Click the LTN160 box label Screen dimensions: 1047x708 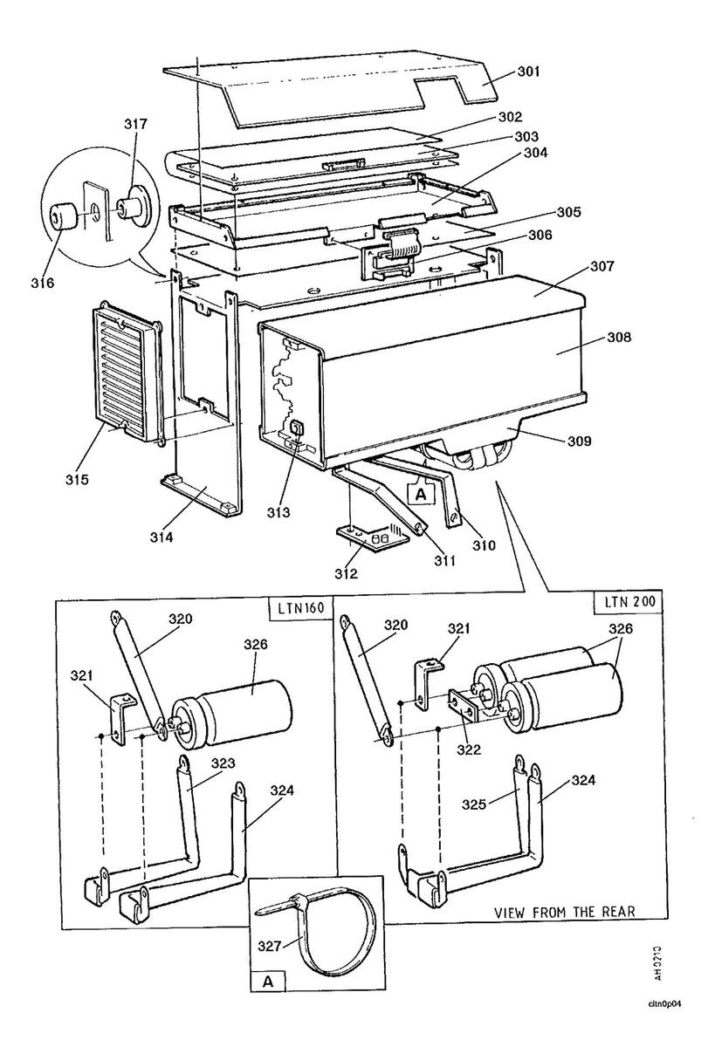click(301, 607)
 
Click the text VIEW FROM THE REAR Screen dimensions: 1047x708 click(564, 913)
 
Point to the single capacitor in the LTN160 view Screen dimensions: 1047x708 click(232, 712)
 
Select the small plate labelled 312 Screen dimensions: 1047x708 click(371, 541)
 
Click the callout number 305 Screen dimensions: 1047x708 click(568, 212)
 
